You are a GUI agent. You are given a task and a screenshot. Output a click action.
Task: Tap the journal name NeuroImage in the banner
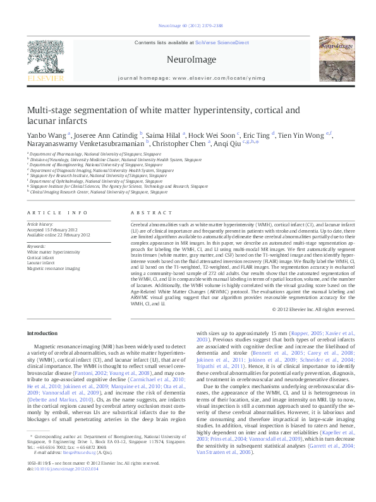(188, 59)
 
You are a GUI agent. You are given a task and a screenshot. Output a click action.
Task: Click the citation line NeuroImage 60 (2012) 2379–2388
(188, 27)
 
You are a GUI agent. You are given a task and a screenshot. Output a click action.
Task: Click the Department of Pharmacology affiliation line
(94, 154)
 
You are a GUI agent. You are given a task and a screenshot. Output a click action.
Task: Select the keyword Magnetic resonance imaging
(53, 269)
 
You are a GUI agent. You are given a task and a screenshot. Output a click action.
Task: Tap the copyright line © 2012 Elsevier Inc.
(313, 309)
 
